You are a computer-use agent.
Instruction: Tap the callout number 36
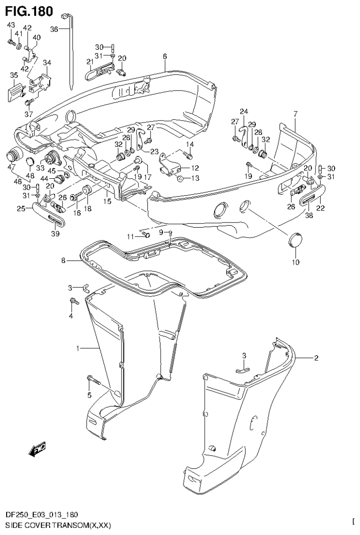(x=54, y=29)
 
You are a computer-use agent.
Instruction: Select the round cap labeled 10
(x=295, y=239)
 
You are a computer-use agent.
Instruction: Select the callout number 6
(x=165, y=57)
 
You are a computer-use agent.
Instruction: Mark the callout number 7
(x=295, y=114)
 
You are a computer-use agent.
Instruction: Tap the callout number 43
(x=10, y=25)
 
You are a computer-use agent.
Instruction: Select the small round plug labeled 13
(x=180, y=178)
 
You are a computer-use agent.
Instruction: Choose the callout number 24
(x=243, y=111)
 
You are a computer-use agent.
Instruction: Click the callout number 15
(x=107, y=201)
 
